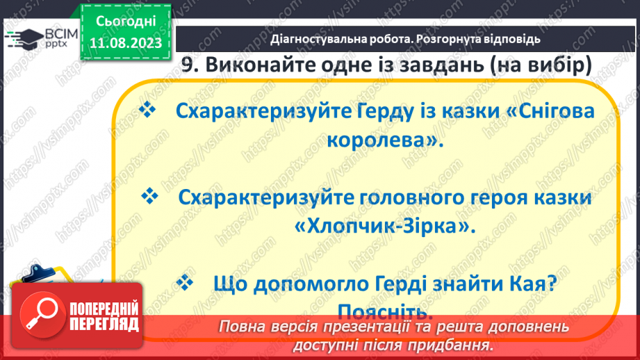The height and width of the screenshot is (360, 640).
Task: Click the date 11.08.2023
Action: [126, 42]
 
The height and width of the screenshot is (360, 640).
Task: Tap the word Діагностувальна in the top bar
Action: [317, 40]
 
